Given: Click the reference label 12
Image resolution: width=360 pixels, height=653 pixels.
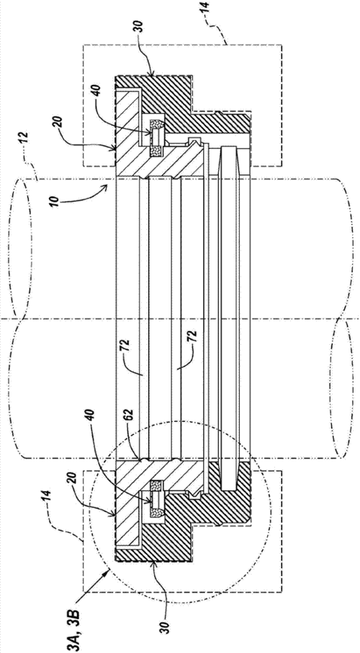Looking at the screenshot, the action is pyautogui.click(x=23, y=137).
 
